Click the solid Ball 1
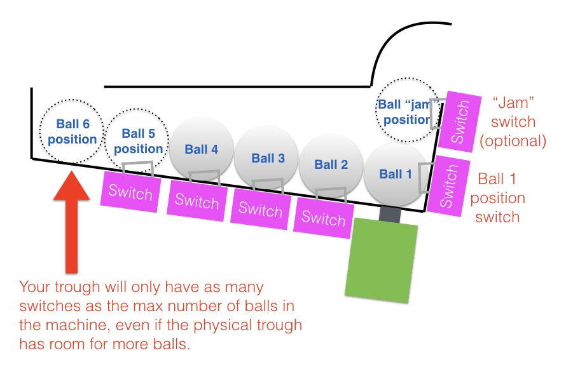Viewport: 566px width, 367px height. click(396, 175)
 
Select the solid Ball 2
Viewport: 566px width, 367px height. click(331, 166)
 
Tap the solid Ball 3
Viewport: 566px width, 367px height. click(266, 157)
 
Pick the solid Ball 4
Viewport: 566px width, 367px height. click(202, 148)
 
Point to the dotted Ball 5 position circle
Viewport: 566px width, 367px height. click(137, 140)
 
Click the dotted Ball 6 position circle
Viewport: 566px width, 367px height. click(71, 131)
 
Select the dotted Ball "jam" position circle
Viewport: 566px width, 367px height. click(407, 110)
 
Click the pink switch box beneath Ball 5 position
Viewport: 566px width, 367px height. click(130, 192)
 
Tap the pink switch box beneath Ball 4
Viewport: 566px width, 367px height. click(197, 201)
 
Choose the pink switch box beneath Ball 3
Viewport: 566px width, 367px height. click(260, 209)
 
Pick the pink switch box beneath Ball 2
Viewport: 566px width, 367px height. click(324, 218)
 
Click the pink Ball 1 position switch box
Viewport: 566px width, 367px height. click(448, 186)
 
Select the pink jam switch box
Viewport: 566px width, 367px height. click(460, 121)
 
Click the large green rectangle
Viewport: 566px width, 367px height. click(381, 260)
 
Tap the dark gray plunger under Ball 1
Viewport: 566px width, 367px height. click(390, 215)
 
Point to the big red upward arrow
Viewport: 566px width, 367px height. click(71, 222)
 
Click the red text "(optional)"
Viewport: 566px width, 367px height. click(513, 141)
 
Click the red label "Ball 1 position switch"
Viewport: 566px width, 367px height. click(497, 198)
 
